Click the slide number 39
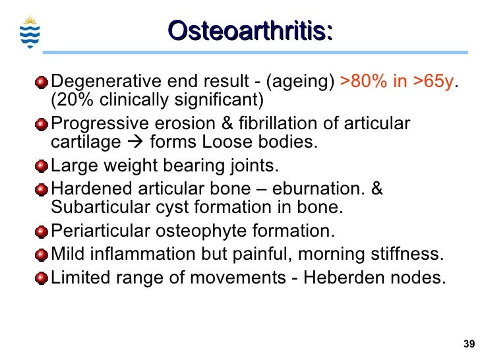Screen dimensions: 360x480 tap(469, 344)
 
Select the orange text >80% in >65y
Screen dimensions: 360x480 tap(398, 82)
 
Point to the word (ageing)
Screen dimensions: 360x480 tap(300, 82)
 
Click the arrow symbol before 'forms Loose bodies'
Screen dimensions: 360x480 tap(135, 143)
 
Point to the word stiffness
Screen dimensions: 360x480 tap(404, 255)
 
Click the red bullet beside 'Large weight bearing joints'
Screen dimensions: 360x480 tap(42, 165)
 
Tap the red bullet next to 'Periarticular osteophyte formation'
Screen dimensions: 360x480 tap(42, 232)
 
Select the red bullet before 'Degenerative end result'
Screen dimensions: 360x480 tap(42, 82)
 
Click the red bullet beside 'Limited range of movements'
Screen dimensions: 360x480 tap(42, 278)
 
